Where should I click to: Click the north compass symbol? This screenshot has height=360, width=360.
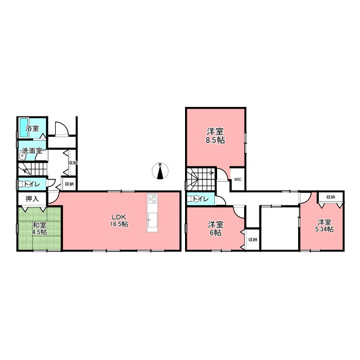(x=160, y=171)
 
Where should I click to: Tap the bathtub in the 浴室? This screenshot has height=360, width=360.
(x=24, y=128)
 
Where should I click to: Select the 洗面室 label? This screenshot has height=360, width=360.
(x=32, y=151)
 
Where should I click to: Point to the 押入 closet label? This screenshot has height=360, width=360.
(x=32, y=199)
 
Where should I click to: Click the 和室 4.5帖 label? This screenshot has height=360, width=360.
(x=39, y=228)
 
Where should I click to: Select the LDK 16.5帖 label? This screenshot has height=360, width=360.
(x=119, y=220)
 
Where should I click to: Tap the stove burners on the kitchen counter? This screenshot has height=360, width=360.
(x=152, y=199)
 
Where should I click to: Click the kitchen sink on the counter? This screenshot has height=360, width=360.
(x=152, y=220)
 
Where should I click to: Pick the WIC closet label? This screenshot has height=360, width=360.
(x=238, y=179)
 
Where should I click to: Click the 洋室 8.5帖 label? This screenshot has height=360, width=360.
(x=215, y=136)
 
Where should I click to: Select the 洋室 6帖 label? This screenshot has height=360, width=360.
(x=215, y=229)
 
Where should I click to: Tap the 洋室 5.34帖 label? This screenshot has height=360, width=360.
(x=325, y=226)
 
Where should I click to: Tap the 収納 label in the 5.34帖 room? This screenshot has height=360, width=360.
(x=331, y=197)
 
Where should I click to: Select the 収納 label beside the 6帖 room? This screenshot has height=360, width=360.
(x=253, y=240)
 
